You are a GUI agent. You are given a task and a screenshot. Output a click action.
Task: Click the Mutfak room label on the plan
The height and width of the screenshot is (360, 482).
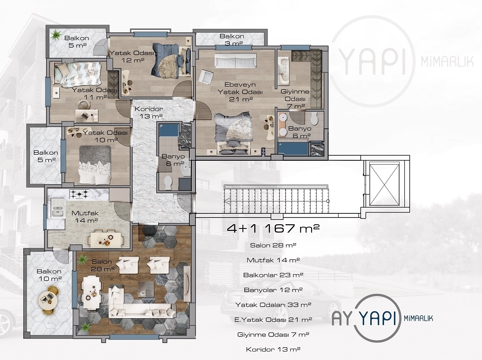85,216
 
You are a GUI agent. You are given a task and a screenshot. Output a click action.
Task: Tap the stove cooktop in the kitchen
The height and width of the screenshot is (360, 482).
79,194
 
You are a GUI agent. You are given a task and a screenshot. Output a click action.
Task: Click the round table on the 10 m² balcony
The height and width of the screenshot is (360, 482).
48,298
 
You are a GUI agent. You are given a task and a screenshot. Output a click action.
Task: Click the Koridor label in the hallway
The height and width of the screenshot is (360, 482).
149,113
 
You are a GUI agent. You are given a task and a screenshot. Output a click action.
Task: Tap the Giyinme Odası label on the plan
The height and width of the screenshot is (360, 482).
295,99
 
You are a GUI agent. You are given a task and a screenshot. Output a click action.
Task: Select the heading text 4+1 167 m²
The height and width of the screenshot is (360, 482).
273,228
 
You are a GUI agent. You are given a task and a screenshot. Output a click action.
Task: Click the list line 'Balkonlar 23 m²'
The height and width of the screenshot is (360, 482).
273,275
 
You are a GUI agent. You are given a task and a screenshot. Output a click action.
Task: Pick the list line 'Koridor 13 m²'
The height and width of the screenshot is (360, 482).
273,349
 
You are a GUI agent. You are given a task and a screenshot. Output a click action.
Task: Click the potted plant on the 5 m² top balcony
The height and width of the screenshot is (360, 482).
56,35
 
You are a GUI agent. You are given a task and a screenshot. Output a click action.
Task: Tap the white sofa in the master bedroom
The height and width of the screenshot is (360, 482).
235,61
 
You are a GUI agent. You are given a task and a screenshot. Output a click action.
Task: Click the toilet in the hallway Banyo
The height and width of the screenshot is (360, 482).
168,183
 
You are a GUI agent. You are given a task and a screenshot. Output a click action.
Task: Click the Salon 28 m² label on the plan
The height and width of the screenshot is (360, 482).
103,265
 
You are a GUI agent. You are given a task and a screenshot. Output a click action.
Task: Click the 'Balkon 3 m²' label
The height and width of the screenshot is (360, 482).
232,40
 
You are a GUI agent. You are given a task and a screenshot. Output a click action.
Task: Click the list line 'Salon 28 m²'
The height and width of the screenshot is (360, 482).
273,245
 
